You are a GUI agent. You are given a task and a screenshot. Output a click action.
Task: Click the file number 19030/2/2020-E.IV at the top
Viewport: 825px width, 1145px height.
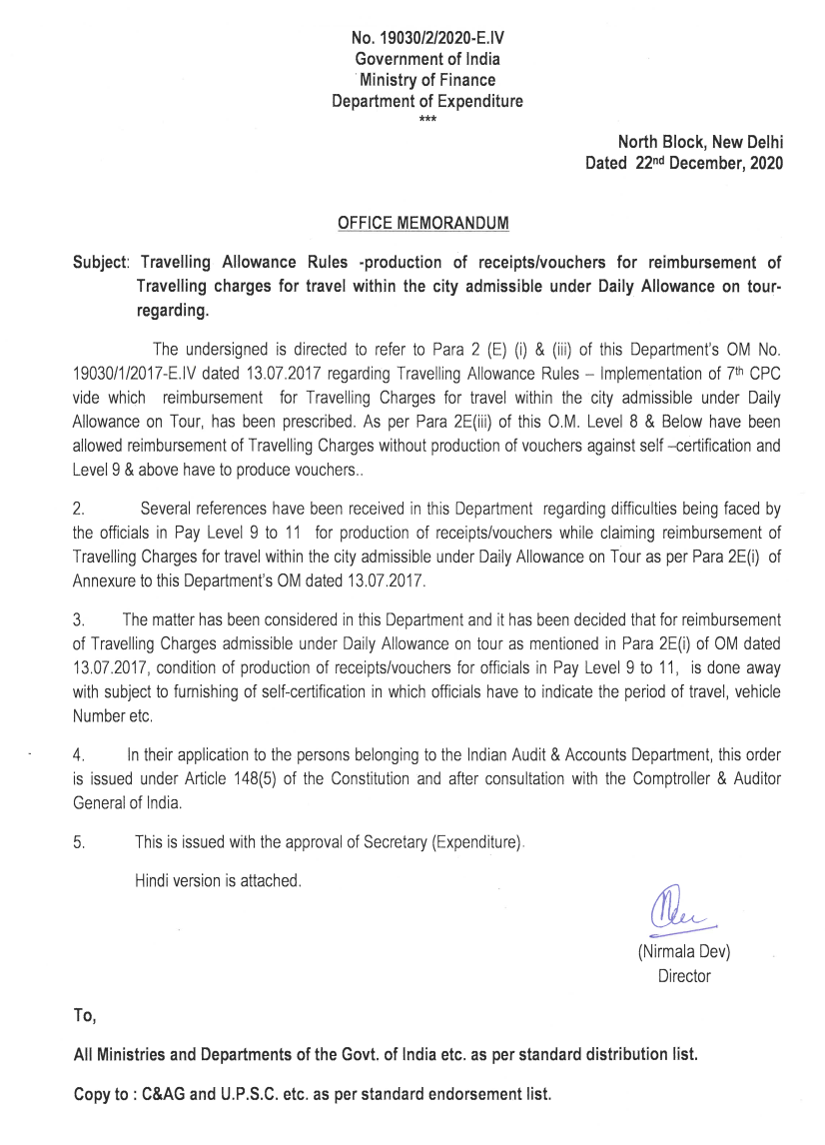(x=427, y=39)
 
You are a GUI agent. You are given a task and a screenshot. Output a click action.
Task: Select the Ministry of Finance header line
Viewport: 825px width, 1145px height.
(x=427, y=80)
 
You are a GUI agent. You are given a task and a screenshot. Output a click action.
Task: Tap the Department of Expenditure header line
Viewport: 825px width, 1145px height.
(x=427, y=101)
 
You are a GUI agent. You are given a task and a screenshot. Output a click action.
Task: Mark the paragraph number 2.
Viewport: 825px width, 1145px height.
(x=79, y=508)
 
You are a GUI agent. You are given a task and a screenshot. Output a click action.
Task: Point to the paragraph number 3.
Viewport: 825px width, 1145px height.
(x=79, y=619)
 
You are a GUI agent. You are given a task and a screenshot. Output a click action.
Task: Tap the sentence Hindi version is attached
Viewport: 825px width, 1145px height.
(x=218, y=880)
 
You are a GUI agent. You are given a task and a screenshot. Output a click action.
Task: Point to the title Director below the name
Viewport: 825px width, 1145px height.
(x=683, y=976)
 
